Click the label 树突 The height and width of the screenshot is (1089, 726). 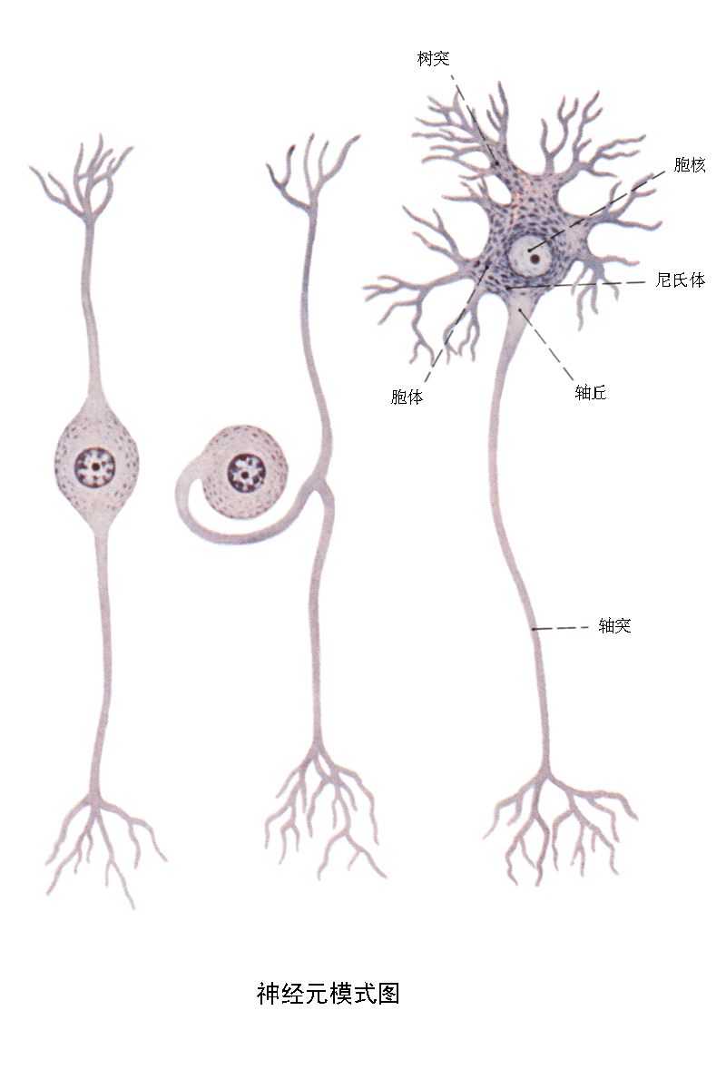(x=433, y=59)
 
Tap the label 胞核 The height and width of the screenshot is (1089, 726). (x=690, y=165)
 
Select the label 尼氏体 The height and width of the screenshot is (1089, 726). (x=680, y=280)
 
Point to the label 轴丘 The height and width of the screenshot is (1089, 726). (x=590, y=392)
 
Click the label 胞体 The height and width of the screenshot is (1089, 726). (x=407, y=397)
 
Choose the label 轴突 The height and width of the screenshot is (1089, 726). (x=614, y=625)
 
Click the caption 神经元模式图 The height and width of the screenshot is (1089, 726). (x=328, y=994)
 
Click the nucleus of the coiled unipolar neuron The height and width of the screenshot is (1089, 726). (x=244, y=471)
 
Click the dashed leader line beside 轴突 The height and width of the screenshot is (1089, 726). (x=563, y=627)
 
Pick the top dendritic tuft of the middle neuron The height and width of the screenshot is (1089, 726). (x=309, y=168)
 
